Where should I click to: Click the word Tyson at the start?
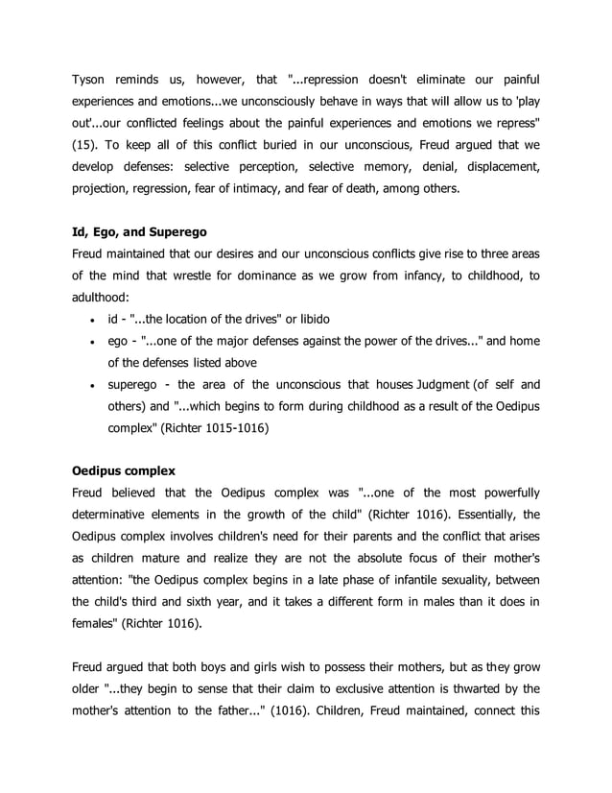click(91, 77)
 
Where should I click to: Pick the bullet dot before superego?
click(90, 387)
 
